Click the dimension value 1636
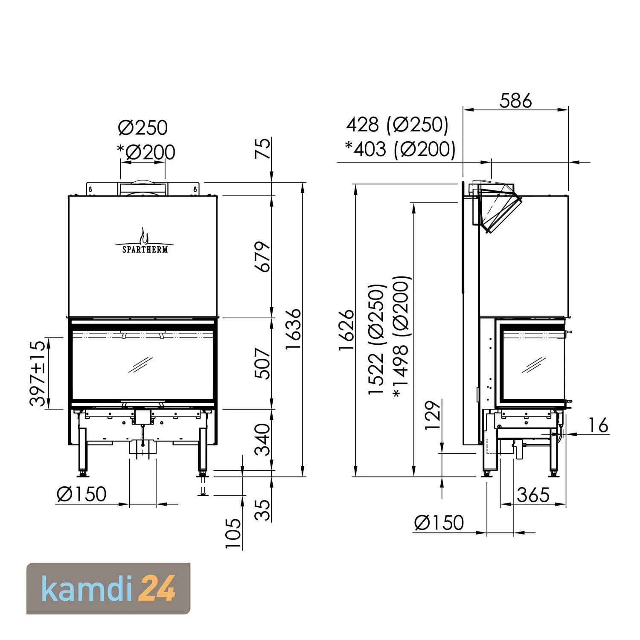point(294,329)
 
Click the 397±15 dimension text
point(38,373)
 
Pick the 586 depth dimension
point(516,101)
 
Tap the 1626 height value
point(347,330)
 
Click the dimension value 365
point(533,495)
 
